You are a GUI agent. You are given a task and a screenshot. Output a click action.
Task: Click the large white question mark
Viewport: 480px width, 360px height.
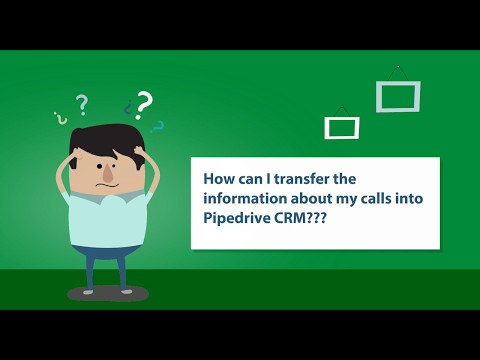point(146,104)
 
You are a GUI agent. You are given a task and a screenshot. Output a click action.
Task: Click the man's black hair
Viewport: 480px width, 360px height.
point(105,138)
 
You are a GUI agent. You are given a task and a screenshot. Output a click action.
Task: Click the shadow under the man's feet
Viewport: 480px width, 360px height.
point(107,294)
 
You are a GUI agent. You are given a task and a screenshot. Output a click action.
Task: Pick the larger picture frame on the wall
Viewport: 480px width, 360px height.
point(397,96)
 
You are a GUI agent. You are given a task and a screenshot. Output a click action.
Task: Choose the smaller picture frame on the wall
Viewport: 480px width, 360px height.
point(341,127)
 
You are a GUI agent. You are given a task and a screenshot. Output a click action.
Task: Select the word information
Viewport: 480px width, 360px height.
point(247,198)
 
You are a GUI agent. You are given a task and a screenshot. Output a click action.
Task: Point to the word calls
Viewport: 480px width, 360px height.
point(383,198)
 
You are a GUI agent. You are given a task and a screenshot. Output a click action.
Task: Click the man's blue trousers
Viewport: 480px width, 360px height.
point(105,264)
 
